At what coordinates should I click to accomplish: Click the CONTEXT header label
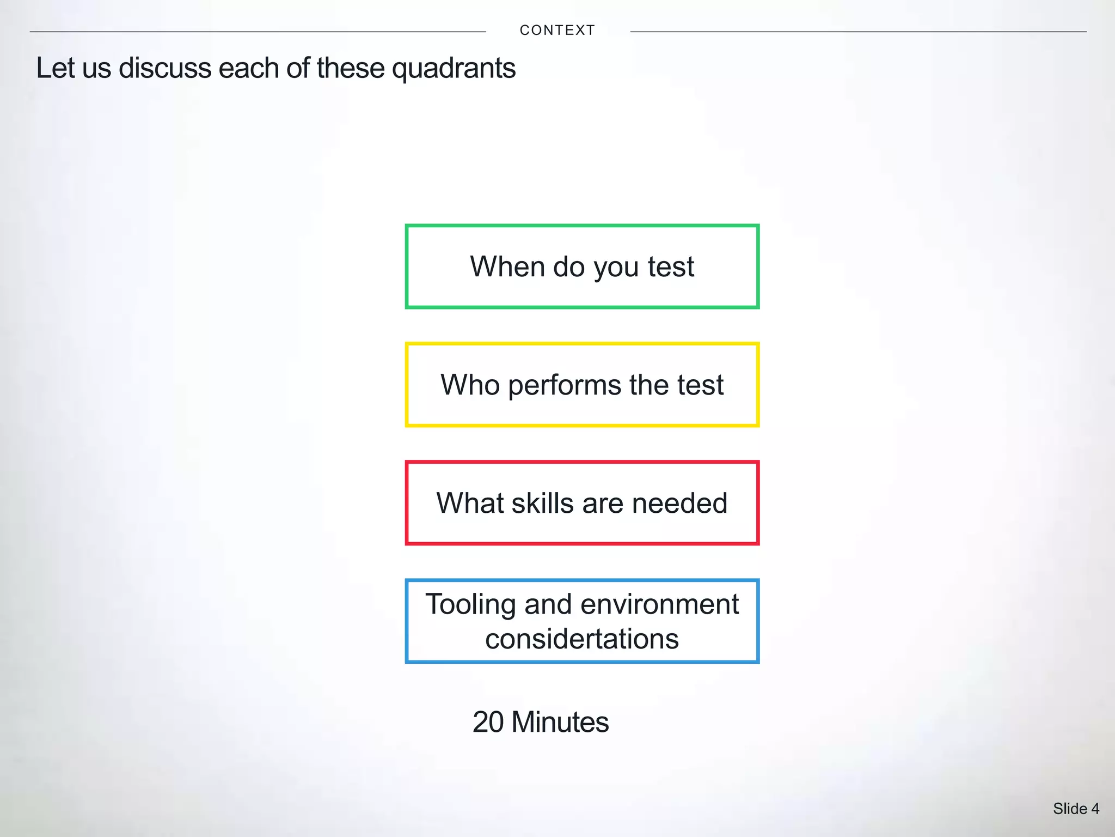pos(557,31)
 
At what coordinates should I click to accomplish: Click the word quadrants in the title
pos(454,69)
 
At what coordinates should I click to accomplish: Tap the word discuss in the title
pos(165,69)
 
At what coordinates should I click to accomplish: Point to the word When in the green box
pos(507,267)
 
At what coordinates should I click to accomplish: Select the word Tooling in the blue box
pos(470,605)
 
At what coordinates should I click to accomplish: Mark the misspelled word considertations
pos(582,639)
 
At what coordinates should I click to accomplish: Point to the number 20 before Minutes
pos(488,722)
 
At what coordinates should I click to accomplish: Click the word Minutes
pos(560,722)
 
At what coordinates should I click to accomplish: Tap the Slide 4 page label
pos(1076,809)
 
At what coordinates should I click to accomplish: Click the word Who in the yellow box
pos(470,385)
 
